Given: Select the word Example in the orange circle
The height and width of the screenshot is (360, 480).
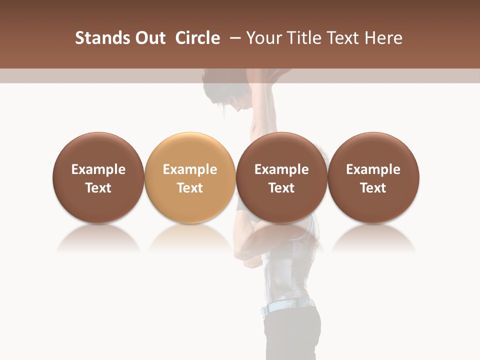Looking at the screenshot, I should [190, 169].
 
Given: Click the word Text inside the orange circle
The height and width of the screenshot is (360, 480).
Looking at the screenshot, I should [190, 188].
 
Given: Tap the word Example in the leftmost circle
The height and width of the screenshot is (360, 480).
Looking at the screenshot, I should [98, 169].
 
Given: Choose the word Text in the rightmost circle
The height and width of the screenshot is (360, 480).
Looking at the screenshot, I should [373, 188].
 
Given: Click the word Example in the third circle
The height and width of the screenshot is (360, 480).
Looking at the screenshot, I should [281, 169].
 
